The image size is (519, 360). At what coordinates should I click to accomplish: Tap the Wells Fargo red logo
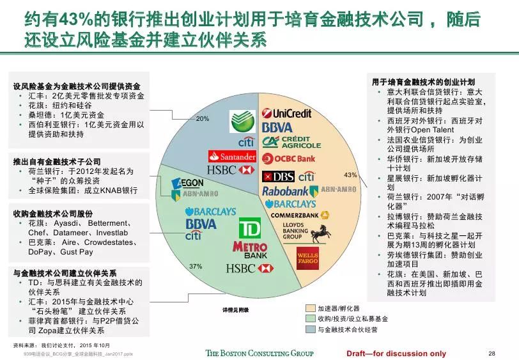point(307,256)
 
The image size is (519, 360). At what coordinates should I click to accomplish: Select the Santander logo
point(232,156)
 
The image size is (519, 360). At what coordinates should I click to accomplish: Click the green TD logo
point(249,228)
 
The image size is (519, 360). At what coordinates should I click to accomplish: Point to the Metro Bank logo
point(250,250)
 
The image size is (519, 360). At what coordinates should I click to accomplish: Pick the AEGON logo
point(188,183)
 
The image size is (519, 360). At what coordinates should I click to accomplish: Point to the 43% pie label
point(350,174)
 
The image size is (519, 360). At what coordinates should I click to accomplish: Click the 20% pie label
point(203,119)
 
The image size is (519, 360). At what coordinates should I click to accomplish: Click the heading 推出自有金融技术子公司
point(57,162)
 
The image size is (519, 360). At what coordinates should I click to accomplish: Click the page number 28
point(492,353)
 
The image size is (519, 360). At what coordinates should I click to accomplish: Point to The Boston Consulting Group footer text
point(259,353)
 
